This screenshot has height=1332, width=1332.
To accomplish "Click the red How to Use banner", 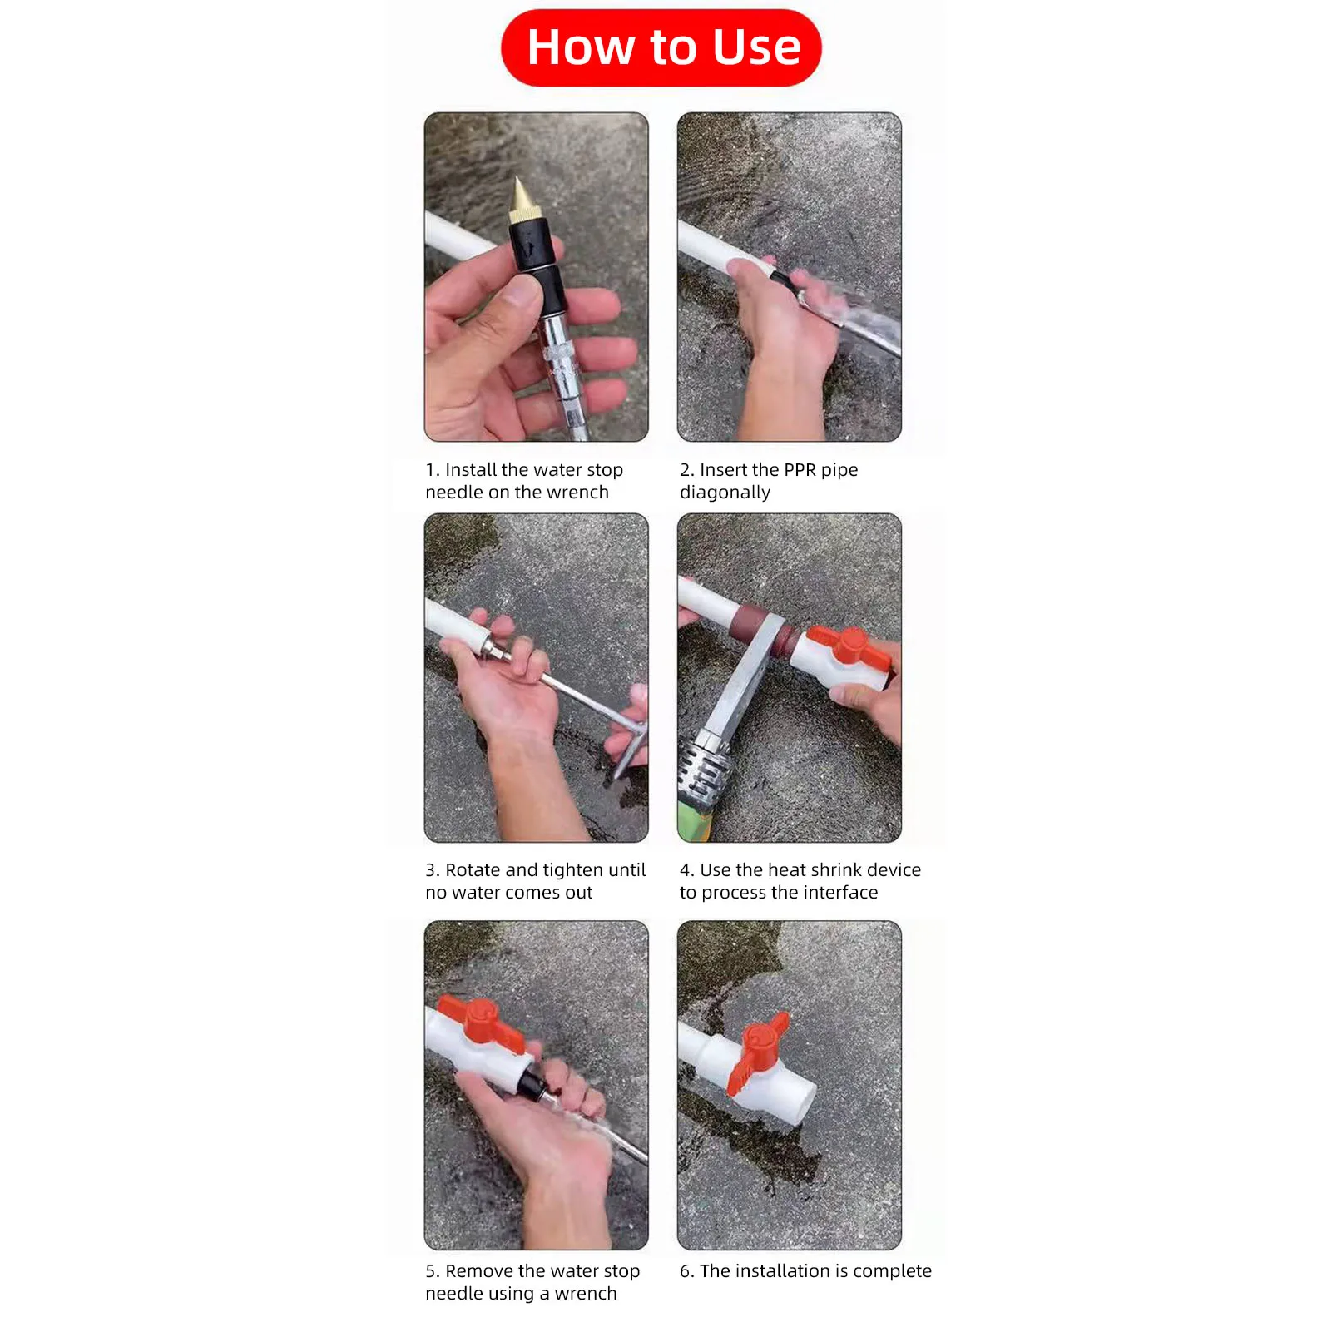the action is pyautogui.click(x=661, y=47).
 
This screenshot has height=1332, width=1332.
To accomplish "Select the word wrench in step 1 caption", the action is pyautogui.click(x=577, y=493).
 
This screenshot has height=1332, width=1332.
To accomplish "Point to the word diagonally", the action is pyautogui.click(x=725, y=493).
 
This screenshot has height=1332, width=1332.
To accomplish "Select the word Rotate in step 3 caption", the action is pyautogui.click(x=473, y=870).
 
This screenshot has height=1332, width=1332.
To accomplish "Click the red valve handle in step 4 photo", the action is pyautogui.click(x=849, y=648).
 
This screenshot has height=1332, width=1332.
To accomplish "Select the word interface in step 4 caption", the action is pyautogui.click(x=837, y=893).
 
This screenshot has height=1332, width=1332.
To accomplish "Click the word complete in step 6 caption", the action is pyautogui.click(x=892, y=1272).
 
